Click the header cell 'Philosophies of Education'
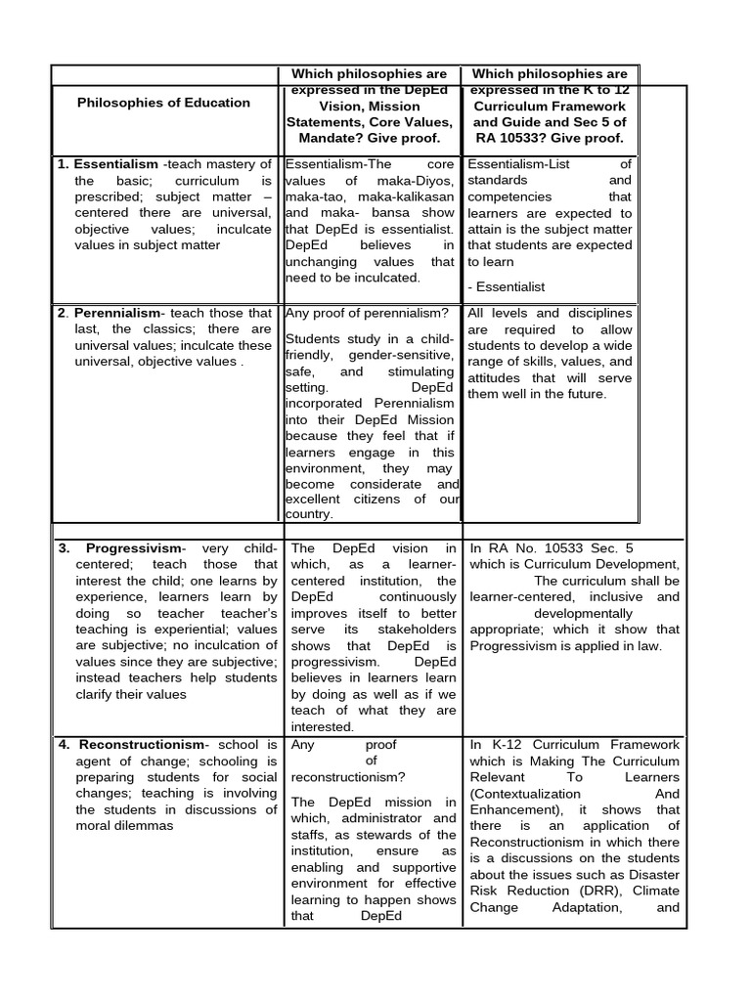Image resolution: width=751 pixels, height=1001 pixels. coord(163,103)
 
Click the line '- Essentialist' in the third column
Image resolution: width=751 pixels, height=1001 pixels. coord(507,286)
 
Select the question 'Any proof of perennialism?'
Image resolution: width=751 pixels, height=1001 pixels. coord(367,313)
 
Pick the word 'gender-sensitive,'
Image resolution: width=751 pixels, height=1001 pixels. coord(401,355)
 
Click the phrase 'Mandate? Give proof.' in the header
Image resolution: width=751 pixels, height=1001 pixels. coord(369,138)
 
